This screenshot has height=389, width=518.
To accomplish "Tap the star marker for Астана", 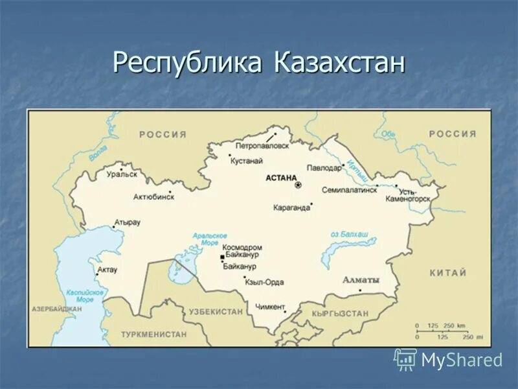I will click(298, 185).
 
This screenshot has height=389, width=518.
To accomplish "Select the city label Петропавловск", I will click(262, 147).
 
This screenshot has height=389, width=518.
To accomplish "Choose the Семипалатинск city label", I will click(349, 191).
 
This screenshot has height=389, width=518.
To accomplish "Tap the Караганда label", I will click(292, 208).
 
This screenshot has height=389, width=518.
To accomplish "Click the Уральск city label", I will click(121, 174).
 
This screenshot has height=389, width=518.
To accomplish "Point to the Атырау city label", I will click(128, 222).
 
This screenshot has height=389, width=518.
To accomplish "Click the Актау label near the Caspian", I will click(107, 270).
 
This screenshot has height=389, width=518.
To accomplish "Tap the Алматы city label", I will click(361, 280).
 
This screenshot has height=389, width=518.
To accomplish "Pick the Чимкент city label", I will click(270, 306).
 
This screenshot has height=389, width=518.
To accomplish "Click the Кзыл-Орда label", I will click(264, 282).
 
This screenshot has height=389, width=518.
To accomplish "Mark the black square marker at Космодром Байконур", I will click(221, 257).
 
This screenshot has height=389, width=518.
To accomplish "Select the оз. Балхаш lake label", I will click(349, 233).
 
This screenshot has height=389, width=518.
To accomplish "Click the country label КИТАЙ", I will click(447, 273).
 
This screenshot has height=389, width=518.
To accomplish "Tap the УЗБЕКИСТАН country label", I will click(216, 312).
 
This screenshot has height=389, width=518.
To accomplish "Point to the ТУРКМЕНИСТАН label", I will click(153, 335).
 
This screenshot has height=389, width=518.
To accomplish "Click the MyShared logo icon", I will click(405, 359).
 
